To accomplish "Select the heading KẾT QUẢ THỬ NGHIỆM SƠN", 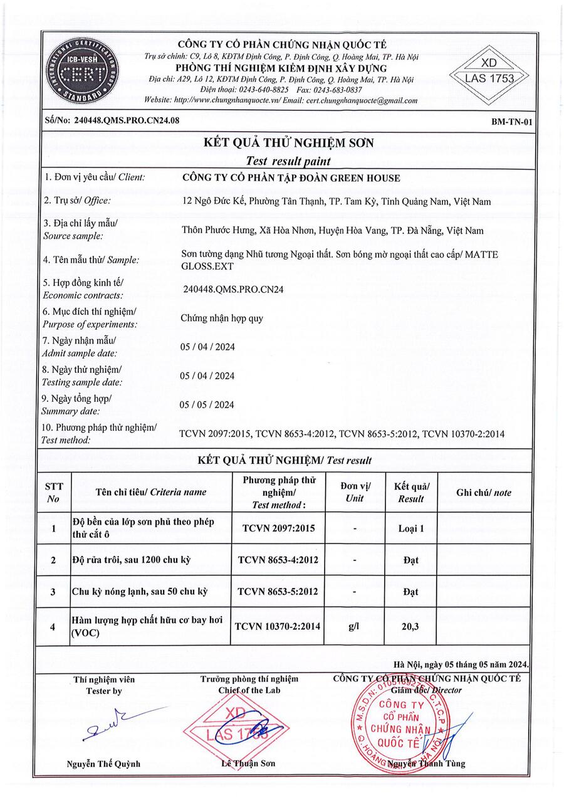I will pos(289,143).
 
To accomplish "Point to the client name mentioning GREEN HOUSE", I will pos(290,178).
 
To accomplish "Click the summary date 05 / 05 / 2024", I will pos(207,405).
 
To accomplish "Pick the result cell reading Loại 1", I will pos(411,528).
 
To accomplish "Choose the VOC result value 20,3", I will pos(411,626).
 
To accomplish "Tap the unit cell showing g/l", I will pos(355,626).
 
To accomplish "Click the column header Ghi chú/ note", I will pos(483,493).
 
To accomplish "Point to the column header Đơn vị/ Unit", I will pos(355,493).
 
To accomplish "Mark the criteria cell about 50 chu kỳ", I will pos(140,592).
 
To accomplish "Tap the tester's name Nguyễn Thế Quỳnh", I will pos(104,764).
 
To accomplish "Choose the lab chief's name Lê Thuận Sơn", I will pos(249,764).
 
